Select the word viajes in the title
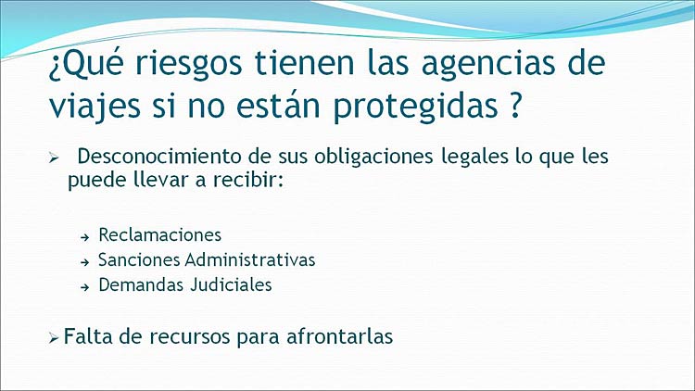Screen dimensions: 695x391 [95, 107]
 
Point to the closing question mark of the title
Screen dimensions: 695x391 [515, 105]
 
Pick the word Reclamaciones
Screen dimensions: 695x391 [160, 235]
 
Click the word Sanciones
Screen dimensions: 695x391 [139, 259]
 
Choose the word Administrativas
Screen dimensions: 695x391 [250, 259]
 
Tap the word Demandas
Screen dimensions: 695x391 [141, 284]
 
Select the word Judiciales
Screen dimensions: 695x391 [232, 284]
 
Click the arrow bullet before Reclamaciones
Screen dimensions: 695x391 [85, 238]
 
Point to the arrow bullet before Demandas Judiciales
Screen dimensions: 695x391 [85, 288]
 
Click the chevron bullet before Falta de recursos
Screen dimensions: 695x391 [54, 339]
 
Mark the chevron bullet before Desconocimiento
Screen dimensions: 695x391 [54, 158]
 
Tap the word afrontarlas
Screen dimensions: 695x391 [339, 336]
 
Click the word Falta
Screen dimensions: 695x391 [87, 336]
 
